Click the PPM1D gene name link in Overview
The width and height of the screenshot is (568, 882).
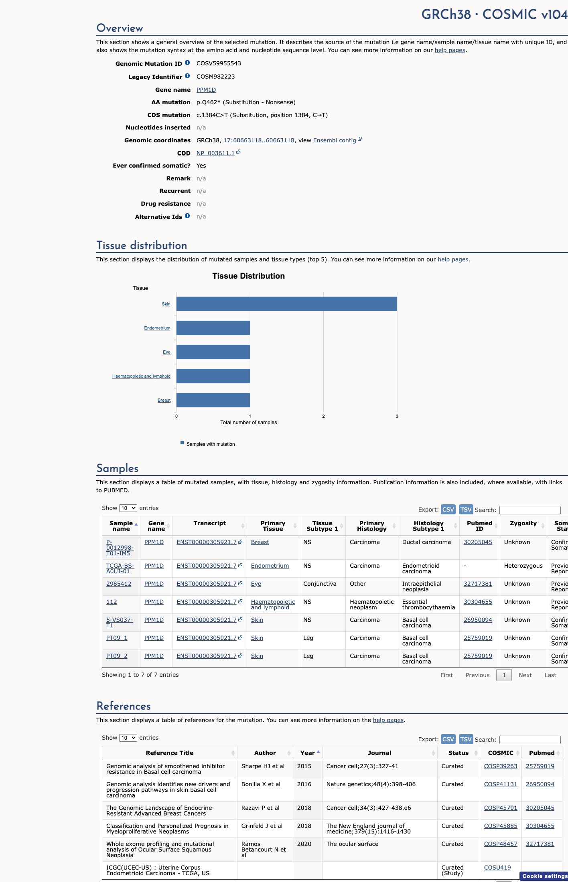point(206,90)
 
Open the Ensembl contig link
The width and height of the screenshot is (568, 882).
point(335,140)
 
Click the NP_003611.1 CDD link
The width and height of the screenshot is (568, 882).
point(215,153)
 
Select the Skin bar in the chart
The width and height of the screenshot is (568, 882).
point(287,304)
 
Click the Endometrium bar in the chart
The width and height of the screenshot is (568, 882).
point(213,328)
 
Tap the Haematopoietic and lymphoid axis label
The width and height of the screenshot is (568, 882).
point(141,376)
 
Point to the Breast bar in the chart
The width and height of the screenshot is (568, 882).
point(213,400)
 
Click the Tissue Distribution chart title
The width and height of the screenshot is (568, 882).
point(249,276)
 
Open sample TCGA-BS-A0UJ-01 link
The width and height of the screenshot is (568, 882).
point(120,568)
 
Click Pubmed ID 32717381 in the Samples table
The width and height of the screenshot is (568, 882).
point(478,584)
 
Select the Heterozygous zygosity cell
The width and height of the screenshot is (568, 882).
point(523,566)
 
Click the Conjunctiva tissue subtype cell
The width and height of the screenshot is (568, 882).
point(320,584)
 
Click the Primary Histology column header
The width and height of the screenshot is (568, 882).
point(372,526)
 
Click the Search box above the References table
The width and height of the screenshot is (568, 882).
point(530,740)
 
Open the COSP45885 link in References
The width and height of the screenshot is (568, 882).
point(501,826)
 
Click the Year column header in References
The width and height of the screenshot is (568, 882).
point(308,753)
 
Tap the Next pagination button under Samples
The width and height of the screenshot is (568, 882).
point(525,675)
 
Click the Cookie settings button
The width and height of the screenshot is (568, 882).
point(544,876)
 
